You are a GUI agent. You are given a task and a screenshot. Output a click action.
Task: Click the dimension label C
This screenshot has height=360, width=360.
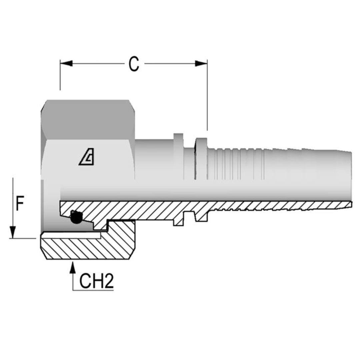click(134, 64)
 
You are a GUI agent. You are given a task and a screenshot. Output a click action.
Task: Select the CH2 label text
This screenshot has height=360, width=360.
click(97, 282)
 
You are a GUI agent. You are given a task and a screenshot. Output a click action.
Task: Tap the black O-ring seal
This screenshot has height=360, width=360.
click(76, 217)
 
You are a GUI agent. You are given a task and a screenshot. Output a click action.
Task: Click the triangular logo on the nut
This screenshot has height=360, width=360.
click(87, 158)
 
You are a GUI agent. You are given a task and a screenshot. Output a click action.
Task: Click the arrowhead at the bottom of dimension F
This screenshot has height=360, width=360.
click(13, 232)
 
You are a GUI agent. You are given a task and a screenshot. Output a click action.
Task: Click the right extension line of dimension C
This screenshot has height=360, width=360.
click(207, 100)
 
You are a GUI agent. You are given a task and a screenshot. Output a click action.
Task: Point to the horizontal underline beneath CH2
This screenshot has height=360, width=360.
click(93, 290)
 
